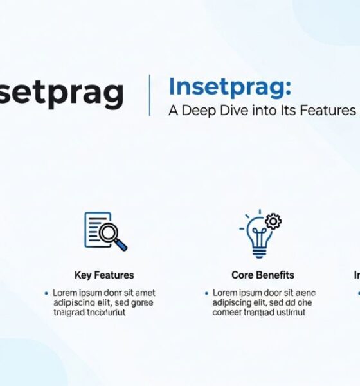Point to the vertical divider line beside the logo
[150, 95]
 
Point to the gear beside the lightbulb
[273, 222]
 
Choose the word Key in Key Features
[83, 275]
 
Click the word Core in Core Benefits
[242, 275]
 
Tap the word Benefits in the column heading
[274, 275]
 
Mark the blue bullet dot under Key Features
[46, 293]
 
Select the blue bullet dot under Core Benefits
[206, 293]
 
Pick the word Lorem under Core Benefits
[226, 293]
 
